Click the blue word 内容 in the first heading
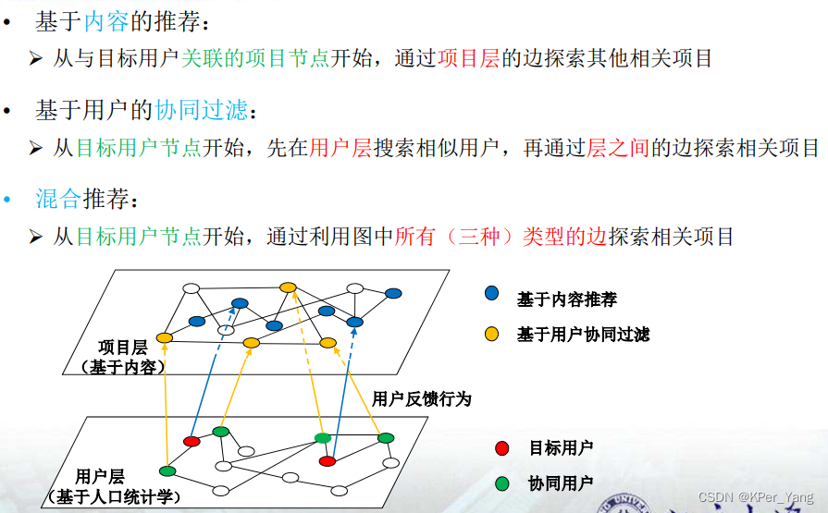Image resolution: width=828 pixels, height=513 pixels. click(x=106, y=21)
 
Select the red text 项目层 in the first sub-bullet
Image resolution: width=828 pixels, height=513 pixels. click(x=468, y=58)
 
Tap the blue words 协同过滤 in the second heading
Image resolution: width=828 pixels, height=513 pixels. click(x=201, y=110)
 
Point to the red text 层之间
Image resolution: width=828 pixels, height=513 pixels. click(x=618, y=147)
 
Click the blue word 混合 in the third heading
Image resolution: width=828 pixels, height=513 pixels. click(x=58, y=199)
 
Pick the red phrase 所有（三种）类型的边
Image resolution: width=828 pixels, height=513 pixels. click(x=501, y=236)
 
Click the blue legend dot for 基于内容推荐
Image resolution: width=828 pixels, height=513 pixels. click(x=491, y=293)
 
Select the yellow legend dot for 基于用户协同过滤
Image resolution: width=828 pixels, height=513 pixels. click(x=491, y=334)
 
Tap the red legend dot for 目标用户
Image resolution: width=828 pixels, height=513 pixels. click(x=502, y=448)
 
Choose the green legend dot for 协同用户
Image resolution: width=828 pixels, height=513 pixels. click(x=502, y=482)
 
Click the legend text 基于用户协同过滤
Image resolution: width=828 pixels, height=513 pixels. click(x=583, y=334)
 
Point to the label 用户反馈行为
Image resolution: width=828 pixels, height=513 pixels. click(x=421, y=398)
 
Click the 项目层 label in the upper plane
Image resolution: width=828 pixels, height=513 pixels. click(x=122, y=348)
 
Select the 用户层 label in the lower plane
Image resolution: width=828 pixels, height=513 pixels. click(x=100, y=476)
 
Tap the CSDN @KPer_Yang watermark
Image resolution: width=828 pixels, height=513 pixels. click(x=756, y=496)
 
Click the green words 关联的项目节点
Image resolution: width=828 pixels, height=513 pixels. click(x=255, y=58)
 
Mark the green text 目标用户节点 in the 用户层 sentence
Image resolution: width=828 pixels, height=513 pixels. click(x=139, y=147)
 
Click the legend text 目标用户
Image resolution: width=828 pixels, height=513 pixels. click(x=561, y=448)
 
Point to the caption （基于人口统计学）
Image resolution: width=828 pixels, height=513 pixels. click(x=114, y=496)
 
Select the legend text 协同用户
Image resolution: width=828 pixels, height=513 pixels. click(x=561, y=482)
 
